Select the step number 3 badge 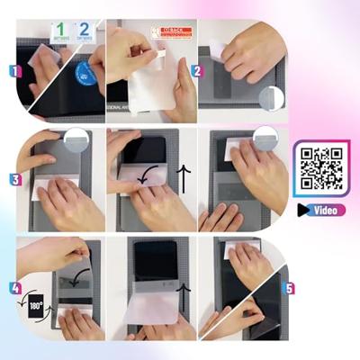[14, 180]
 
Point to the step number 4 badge [14, 289]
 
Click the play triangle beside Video [304, 210]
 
